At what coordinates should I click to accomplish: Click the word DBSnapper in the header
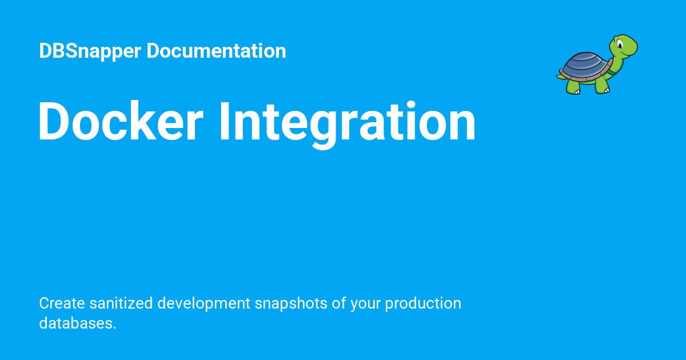pyautogui.click(x=90, y=51)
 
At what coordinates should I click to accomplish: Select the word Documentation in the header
pyautogui.click(x=216, y=51)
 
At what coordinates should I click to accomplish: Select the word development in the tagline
pyautogui.click(x=204, y=303)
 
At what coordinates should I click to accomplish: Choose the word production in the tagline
pyautogui.click(x=423, y=303)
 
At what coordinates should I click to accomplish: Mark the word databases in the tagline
pyautogui.click(x=77, y=323)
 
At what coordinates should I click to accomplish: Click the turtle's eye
pyautogui.click(x=621, y=43)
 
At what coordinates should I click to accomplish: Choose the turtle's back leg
pyautogui.click(x=573, y=87)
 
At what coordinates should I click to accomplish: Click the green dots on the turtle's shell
pyautogui.click(x=599, y=67)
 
